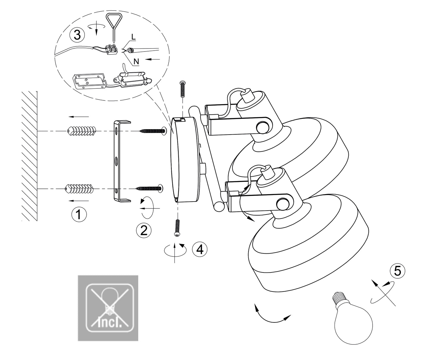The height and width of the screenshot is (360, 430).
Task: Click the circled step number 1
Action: (79, 214)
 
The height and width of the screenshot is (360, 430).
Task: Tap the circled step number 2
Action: (144, 230)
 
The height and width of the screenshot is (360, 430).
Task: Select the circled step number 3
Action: (77, 35)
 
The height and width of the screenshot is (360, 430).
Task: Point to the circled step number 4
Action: (199, 249)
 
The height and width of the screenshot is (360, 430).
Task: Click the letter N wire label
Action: (136, 62)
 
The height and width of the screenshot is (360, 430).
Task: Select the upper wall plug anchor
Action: (82, 130)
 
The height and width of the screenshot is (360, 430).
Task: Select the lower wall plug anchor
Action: (79, 188)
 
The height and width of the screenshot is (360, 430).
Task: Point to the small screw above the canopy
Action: (183, 88)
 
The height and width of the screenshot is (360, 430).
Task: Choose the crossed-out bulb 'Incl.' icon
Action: (108, 308)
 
